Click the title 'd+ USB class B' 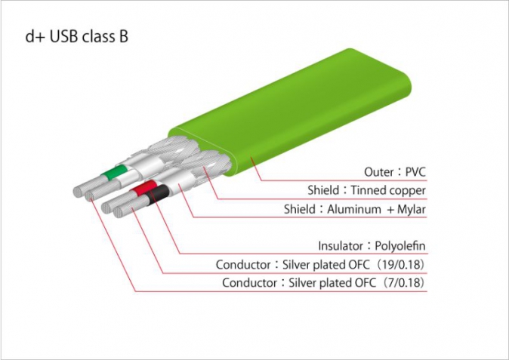pos(76,36)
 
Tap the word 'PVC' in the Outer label pos(415,171)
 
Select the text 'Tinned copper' pos(388,190)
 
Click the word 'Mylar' pos(412,209)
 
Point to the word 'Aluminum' pos(354,209)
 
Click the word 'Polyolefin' pos(400,246)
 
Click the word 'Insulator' pos(342,246)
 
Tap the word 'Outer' pos(379,172)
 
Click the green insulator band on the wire pos(113,172)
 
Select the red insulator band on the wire pos(143,188)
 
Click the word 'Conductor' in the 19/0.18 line pos(243,265)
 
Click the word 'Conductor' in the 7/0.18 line pos(249,283)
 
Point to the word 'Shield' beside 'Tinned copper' pos(323,190)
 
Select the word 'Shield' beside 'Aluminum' pos(299,209)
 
